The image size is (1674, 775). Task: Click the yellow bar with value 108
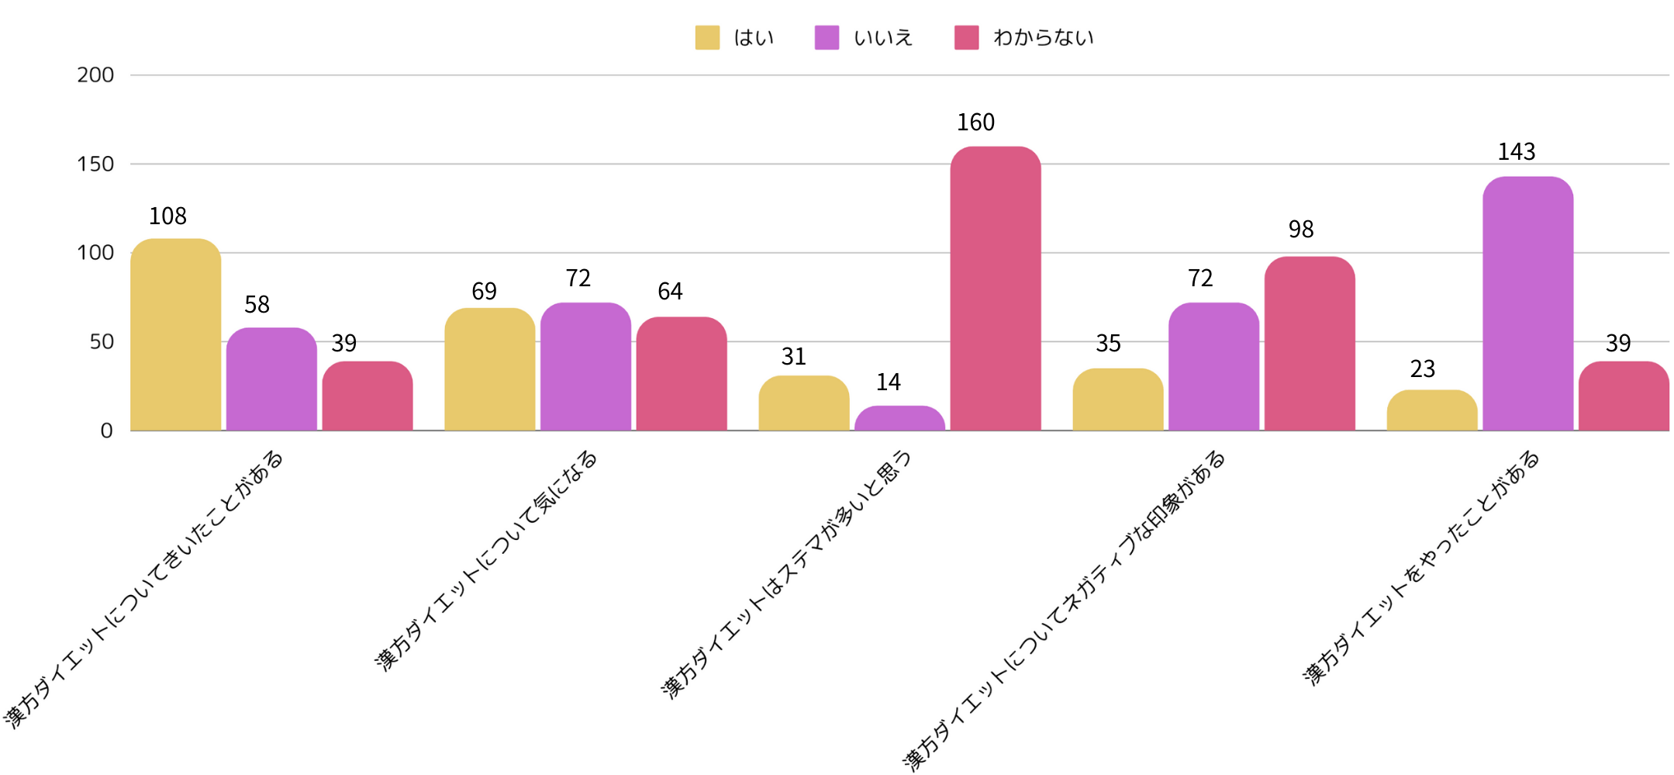click(176, 335)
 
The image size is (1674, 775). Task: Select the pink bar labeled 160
click(996, 289)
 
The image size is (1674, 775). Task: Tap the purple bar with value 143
click(1527, 304)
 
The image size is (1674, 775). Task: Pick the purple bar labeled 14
click(899, 418)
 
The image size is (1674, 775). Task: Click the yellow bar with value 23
click(1432, 410)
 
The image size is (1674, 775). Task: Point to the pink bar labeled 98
click(1310, 344)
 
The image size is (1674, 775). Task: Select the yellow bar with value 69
click(489, 369)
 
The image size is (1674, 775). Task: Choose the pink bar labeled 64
click(682, 374)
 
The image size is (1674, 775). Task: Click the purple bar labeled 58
click(271, 379)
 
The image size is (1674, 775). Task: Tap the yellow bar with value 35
click(1118, 400)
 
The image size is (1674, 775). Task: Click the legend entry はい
click(735, 38)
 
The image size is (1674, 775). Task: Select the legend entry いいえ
click(864, 38)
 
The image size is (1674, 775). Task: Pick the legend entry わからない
click(1024, 38)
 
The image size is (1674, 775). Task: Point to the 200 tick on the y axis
click(95, 75)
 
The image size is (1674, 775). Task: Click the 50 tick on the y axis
click(102, 342)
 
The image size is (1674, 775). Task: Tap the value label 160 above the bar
click(975, 123)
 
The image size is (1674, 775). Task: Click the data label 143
click(1517, 152)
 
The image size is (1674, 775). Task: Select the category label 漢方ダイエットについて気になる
click(487, 560)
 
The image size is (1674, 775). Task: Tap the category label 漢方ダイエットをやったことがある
click(1421, 568)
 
